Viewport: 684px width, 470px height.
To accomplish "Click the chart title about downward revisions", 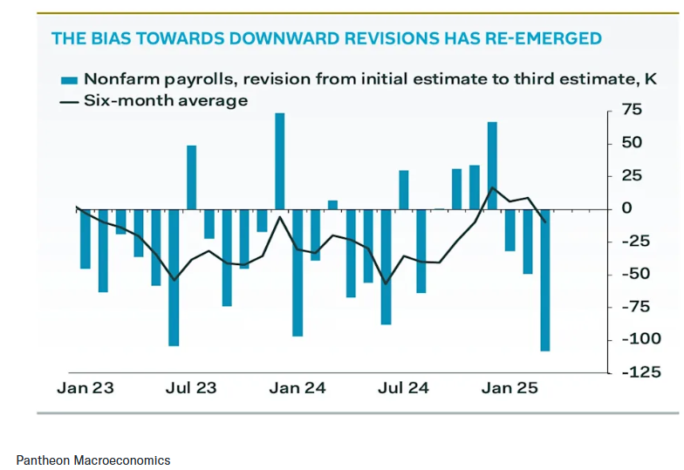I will [x=326, y=38].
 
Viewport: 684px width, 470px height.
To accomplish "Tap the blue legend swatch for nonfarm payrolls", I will [x=70, y=80].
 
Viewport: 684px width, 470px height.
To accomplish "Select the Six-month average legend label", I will [x=165, y=100].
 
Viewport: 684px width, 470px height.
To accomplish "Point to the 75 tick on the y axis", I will [x=631, y=110].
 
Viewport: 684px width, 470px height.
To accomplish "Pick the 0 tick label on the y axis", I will [x=626, y=208].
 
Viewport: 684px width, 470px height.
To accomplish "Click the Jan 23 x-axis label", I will [x=85, y=388].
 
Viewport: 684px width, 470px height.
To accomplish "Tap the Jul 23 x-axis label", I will [x=191, y=388].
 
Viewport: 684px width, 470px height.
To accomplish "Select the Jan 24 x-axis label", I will [x=298, y=388].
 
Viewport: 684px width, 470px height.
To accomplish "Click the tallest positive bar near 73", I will [x=279, y=161].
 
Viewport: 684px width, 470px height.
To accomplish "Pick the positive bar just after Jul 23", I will [x=191, y=177].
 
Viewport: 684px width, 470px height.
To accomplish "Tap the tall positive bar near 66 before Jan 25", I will [x=492, y=166].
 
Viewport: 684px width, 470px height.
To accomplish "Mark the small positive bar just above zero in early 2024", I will [x=332, y=205].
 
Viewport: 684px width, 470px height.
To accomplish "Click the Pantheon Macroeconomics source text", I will [x=93, y=460].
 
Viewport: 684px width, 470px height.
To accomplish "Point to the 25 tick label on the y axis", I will [x=631, y=175].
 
